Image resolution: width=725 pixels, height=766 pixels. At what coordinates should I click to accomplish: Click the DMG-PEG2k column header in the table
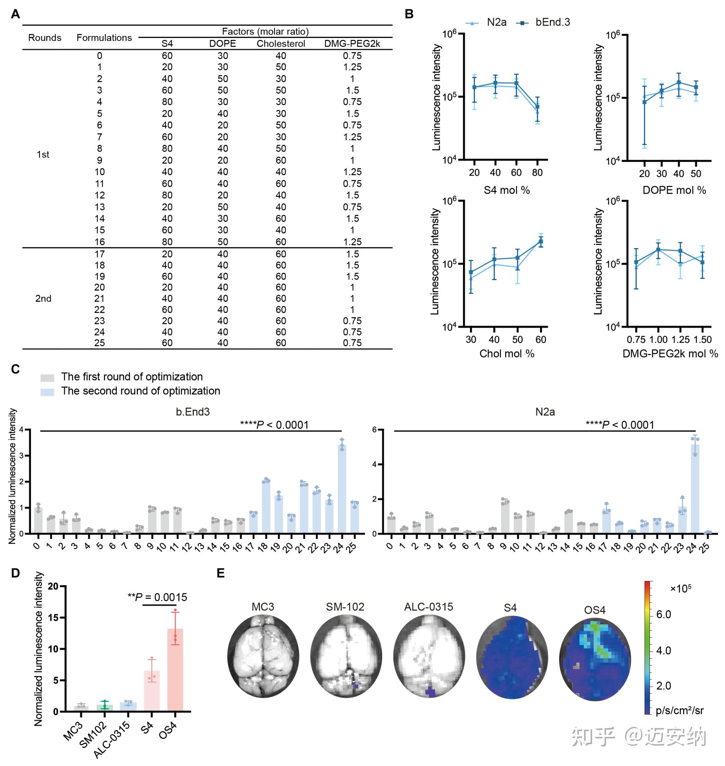[352, 44]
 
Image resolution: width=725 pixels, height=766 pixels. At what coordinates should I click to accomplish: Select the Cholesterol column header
[281, 44]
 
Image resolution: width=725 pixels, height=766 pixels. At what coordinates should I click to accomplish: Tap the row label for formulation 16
[99, 242]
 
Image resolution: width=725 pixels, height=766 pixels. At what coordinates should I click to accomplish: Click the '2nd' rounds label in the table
[43, 298]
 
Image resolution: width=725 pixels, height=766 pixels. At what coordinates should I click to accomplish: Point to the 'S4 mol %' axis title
[506, 190]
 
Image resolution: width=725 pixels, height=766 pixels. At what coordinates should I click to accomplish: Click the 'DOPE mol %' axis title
[674, 190]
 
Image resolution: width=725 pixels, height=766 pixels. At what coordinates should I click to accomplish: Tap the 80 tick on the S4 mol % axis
[537, 173]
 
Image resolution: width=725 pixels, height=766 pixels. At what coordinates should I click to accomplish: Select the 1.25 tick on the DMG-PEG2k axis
[681, 340]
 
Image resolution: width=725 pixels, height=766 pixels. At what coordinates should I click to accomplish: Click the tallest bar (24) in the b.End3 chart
[342, 489]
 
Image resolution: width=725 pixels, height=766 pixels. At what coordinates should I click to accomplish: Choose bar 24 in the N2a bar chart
[695, 489]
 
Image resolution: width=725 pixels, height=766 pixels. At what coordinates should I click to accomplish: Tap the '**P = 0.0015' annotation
[157, 597]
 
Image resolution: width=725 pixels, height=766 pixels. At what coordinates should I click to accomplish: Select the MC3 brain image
[263, 656]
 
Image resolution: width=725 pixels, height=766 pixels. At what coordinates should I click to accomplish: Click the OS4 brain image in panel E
[595, 659]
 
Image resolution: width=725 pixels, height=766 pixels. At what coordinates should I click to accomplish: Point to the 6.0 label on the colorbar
[664, 614]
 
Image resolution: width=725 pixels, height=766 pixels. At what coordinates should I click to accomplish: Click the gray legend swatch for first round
[47, 377]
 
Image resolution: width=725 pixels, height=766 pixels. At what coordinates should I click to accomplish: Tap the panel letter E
[221, 573]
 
